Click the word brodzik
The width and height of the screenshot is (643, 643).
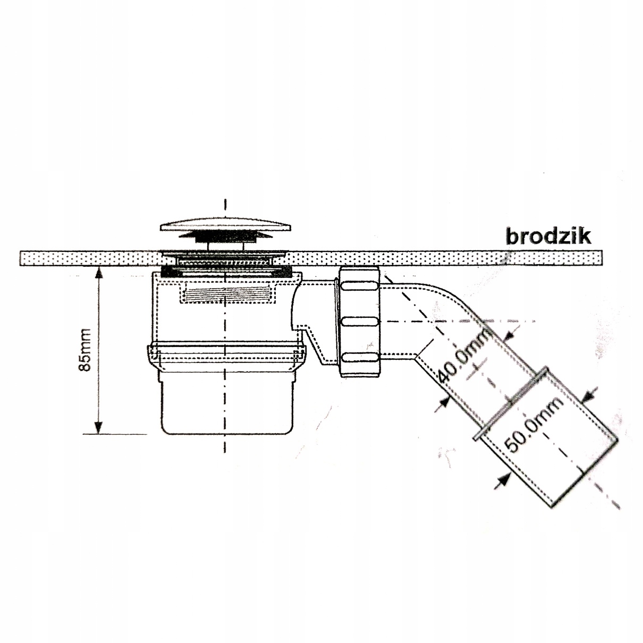(548, 236)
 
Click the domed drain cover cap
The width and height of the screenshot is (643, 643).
(226, 223)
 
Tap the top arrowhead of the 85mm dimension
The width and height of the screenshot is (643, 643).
(98, 273)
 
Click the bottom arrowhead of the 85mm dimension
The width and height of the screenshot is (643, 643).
(98, 428)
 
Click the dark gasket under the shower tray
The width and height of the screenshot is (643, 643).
(227, 270)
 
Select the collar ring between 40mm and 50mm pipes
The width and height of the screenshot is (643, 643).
(511, 404)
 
